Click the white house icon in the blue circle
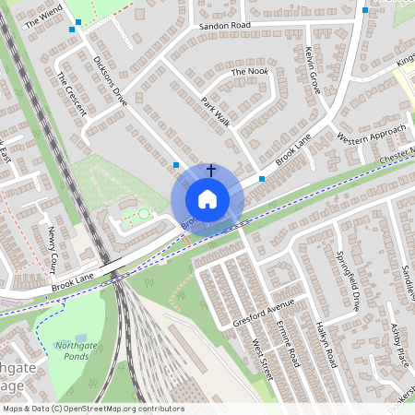[207, 199]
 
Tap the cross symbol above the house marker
[211, 170]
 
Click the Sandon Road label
[224, 26]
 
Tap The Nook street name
[249, 71]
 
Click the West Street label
[263, 357]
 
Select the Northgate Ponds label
[78, 351]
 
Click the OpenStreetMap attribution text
[93, 409]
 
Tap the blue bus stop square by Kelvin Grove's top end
[366, 10]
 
